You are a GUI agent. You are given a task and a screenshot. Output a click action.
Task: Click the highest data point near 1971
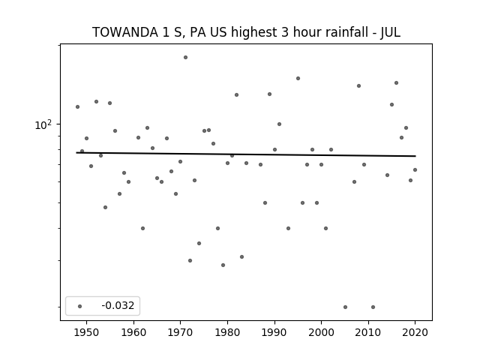(x=185, y=58)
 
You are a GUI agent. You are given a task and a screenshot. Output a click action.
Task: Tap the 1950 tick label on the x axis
(x=87, y=332)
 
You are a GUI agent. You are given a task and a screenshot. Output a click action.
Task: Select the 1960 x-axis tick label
(x=133, y=332)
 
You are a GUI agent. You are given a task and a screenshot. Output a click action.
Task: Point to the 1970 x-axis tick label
(x=181, y=332)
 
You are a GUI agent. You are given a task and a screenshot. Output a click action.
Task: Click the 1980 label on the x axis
(x=227, y=332)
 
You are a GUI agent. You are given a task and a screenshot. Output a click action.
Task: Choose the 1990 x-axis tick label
(x=274, y=332)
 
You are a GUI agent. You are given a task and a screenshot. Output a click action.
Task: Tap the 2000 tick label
(x=322, y=332)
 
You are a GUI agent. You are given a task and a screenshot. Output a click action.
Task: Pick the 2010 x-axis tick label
(x=368, y=332)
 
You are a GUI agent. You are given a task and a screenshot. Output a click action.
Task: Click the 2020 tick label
(x=415, y=332)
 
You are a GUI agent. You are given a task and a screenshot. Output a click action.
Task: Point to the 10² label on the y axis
(x=43, y=124)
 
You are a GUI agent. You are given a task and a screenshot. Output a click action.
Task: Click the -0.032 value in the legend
(x=118, y=305)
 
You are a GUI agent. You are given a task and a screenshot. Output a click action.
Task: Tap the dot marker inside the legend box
(x=80, y=306)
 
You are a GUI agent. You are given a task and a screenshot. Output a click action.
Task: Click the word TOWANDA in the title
(x=125, y=32)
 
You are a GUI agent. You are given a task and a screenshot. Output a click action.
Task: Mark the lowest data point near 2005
(x=345, y=307)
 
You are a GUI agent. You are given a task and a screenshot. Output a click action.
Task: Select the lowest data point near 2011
(x=373, y=307)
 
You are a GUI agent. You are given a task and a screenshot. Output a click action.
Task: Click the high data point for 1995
(x=298, y=78)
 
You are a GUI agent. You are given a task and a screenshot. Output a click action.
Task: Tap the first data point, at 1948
(x=77, y=106)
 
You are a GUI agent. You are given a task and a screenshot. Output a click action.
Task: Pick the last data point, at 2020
(x=415, y=170)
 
